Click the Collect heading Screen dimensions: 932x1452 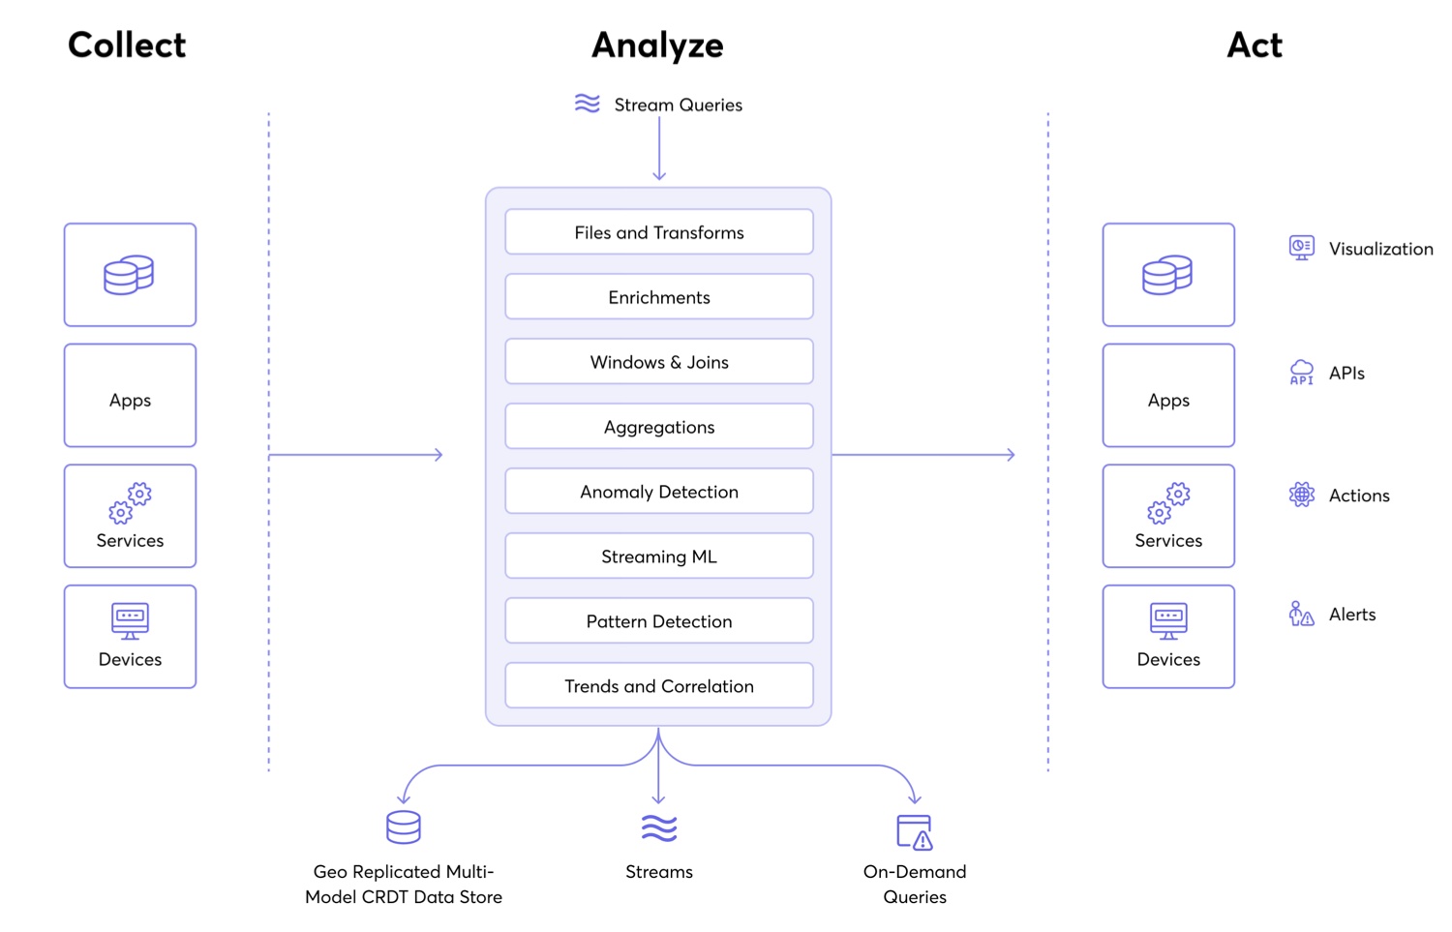127,45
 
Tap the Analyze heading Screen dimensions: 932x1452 657,45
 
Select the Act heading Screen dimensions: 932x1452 1255,45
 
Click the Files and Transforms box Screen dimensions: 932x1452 658,232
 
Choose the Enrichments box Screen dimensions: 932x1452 658,297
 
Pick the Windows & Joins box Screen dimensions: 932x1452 658,362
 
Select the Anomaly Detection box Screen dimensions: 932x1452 658,492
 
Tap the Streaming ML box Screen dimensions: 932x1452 658,556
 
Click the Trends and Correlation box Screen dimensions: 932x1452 658,686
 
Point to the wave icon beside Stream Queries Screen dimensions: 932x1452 587,104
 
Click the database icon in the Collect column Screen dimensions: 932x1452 129,275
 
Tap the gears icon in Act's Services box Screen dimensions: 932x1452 1168,502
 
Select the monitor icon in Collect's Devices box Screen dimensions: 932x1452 130,620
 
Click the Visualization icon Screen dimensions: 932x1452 1302,248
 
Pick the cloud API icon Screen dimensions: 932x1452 1302,372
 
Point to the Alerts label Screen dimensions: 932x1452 1352,615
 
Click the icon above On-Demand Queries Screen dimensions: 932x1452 914,831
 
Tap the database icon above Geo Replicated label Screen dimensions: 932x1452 404,827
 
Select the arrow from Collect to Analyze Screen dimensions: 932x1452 355,455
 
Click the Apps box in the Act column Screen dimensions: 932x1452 1168,396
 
